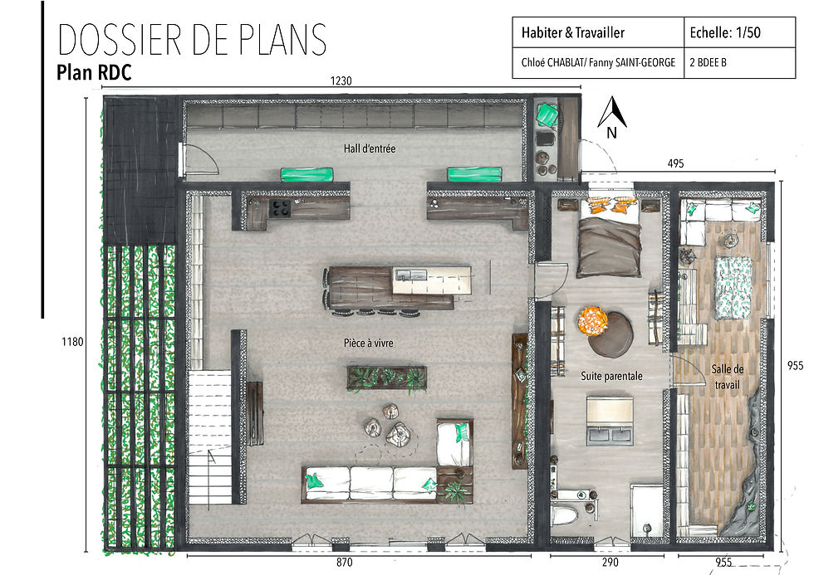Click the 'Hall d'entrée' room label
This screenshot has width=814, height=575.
(369, 149)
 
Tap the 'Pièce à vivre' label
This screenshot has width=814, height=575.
(369, 343)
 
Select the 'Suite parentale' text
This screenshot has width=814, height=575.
(611, 376)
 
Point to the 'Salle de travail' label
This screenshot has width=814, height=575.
(727, 377)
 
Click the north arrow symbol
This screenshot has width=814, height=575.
(612, 116)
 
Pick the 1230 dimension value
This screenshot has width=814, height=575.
(341, 80)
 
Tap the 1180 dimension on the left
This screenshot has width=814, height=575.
(72, 342)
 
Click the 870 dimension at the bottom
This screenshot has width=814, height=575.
(344, 563)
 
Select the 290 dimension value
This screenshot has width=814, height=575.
(610, 563)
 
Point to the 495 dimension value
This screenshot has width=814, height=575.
(675, 163)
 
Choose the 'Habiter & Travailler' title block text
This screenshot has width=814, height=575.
(572, 32)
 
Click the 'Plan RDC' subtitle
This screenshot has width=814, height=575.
(94, 72)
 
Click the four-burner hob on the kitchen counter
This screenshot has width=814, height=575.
(281, 207)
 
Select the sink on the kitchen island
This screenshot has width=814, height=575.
(410, 274)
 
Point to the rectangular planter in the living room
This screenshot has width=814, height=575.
(387, 378)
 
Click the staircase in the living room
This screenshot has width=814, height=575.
(209, 436)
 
